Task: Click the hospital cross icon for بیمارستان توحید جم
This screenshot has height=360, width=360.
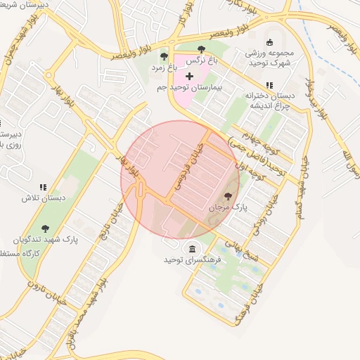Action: [189, 75]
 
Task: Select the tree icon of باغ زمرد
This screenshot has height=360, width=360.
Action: [164, 56]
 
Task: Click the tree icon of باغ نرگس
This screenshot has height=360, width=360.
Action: [202, 49]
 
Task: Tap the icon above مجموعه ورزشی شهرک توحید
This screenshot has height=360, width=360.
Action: [270, 41]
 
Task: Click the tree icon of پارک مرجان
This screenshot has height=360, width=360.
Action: [228, 196]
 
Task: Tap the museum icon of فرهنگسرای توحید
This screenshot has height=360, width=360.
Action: [193, 248]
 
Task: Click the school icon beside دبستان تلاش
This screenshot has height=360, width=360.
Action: [43, 188]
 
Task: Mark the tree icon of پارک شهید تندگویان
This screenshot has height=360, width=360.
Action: [46, 228]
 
